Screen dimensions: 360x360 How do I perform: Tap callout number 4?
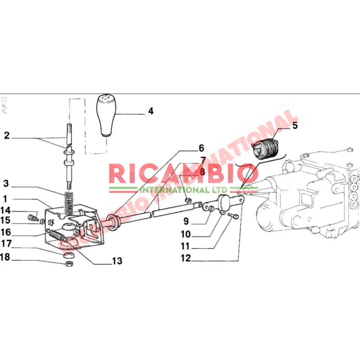pos(151,111)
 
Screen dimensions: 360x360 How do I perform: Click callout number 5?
pos(295,126)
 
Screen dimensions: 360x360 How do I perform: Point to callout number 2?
pos(7,136)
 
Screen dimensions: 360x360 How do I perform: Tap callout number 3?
pos(6,183)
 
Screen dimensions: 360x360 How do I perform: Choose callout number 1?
pos(5,198)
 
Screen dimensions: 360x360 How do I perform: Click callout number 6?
pos(201,148)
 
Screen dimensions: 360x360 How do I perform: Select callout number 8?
pos(202,172)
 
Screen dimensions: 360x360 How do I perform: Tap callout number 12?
pos(186,258)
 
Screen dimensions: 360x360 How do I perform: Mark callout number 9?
pos(186,220)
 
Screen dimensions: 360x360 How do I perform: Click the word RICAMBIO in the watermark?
pos(183,174)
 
